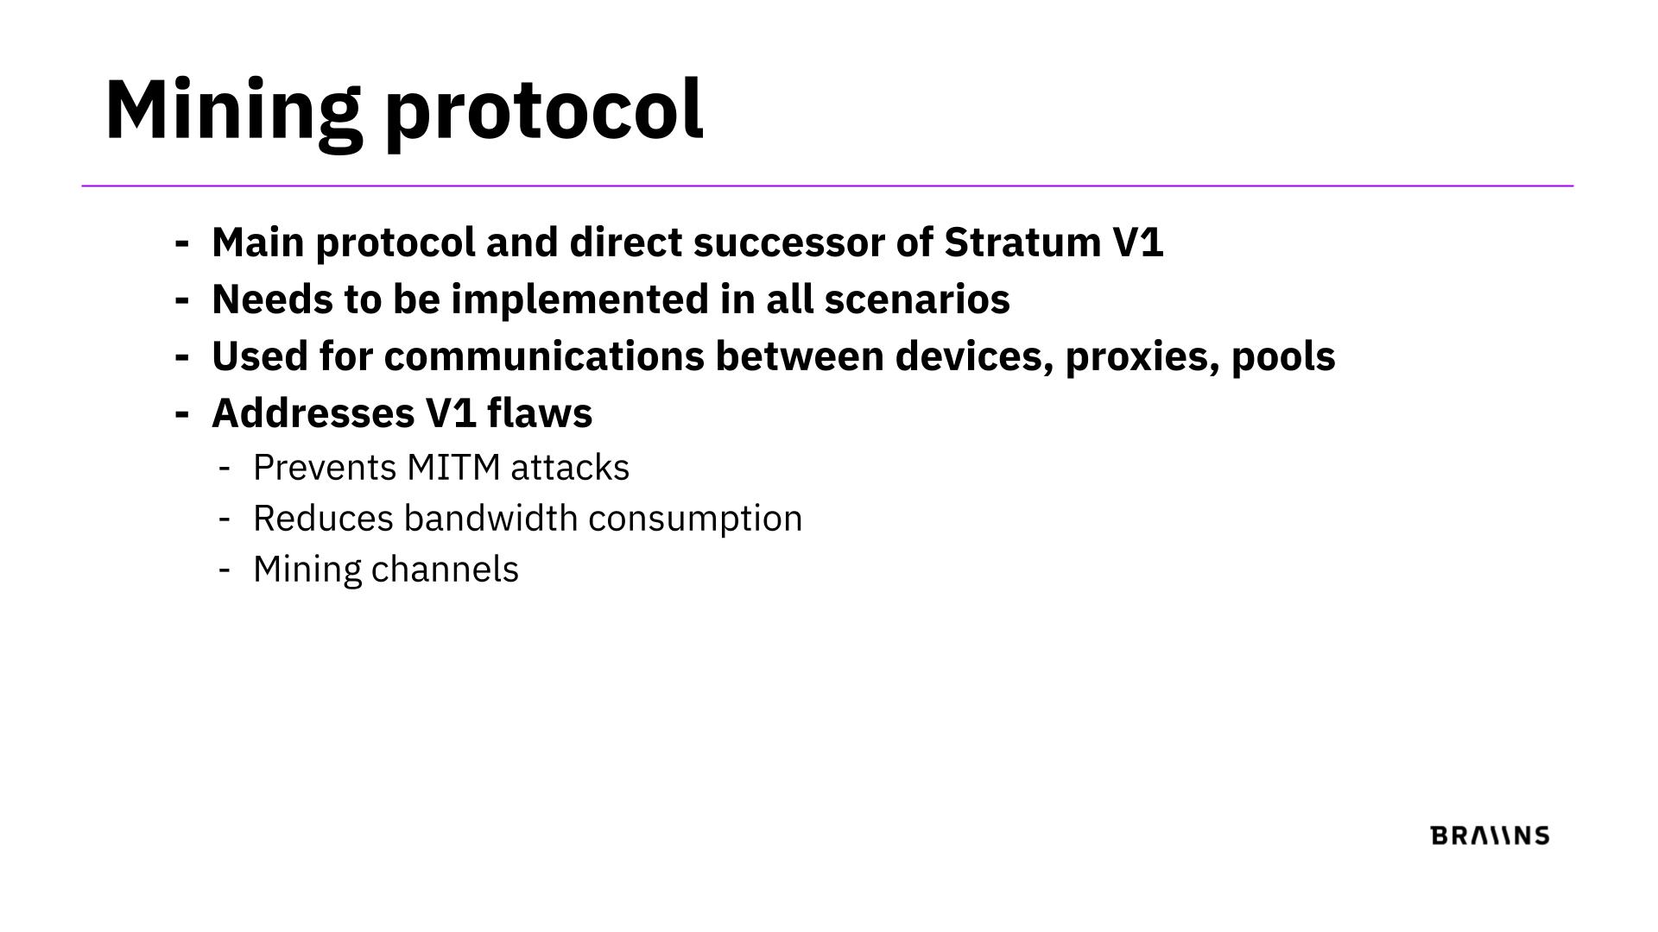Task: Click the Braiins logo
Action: click(1490, 835)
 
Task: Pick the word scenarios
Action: click(917, 299)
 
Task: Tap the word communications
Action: click(544, 356)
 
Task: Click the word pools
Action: click(1283, 357)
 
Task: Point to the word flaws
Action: click(540, 413)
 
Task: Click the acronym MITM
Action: click(453, 468)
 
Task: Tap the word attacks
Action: click(570, 468)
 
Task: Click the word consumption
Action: click(695, 520)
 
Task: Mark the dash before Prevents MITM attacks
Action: click(225, 469)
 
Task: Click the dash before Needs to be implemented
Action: click(181, 300)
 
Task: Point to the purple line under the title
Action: click(827, 186)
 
